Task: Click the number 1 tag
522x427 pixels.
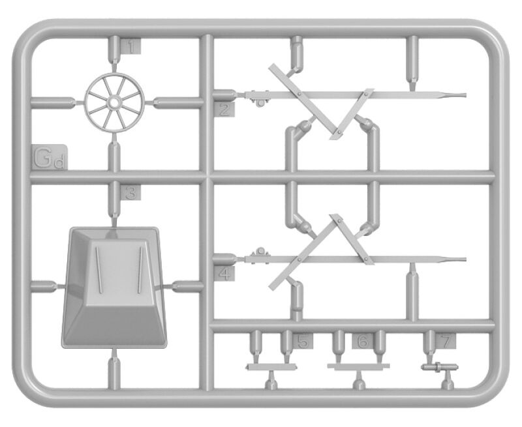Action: (x=130, y=46)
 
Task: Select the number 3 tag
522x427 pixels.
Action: (x=130, y=193)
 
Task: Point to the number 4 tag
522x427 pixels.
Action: (x=224, y=273)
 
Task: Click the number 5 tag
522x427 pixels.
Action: (x=303, y=341)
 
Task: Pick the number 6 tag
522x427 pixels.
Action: (x=363, y=341)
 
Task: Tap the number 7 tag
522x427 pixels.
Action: (x=446, y=341)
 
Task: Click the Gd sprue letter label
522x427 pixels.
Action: (x=50, y=157)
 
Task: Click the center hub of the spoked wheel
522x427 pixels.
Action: (x=114, y=102)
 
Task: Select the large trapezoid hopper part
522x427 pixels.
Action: (x=114, y=287)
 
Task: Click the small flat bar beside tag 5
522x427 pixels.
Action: (x=271, y=367)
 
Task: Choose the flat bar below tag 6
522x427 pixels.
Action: (x=358, y=366)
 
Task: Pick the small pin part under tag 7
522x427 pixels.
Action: (x=439, y=367)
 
